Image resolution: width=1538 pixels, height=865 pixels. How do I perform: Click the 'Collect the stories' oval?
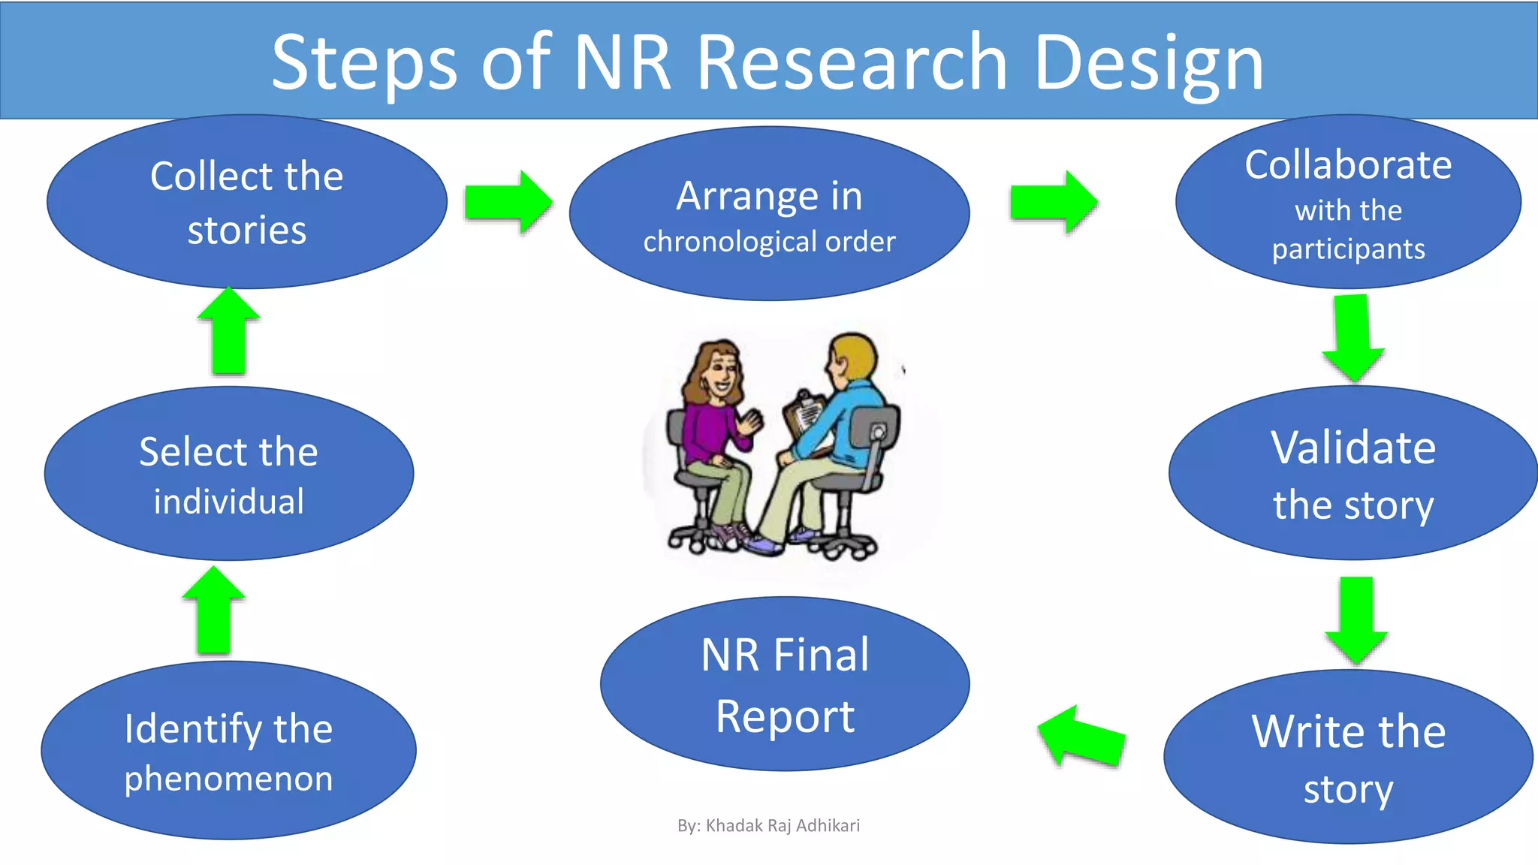pos(246,201)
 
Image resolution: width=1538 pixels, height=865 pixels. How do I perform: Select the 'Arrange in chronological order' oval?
pos(769,214)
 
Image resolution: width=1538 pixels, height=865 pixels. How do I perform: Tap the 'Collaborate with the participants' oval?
pos(1348,203)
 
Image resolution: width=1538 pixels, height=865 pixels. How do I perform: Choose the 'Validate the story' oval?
pos(1353,473)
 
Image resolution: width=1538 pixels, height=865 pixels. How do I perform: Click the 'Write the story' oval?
pos(1348,757)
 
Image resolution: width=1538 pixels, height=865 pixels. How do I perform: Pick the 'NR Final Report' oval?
pos(785,683)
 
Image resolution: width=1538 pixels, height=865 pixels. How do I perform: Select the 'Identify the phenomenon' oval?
pos(228,751)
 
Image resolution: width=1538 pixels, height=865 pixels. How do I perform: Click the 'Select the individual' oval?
pos(228,474)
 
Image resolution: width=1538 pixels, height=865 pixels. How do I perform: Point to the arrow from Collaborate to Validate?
pos(1353,338)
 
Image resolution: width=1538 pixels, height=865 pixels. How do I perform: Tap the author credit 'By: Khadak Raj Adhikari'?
pos(768,825)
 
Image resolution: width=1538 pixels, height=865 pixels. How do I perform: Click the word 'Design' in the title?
pos(1149,64)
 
